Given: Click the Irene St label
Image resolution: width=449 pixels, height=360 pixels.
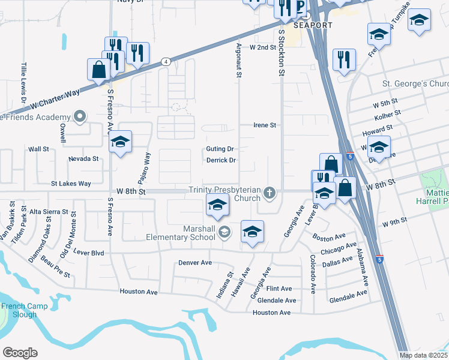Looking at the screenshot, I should tap(264, 125).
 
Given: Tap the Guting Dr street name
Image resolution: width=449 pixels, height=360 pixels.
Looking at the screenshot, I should tap(220, 149).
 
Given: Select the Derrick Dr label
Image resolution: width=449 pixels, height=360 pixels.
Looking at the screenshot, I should tap(221, 160).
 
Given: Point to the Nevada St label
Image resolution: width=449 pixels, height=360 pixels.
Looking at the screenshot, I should tap(83, 158).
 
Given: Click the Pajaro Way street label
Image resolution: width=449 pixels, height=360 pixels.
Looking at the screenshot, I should tap(147, 163).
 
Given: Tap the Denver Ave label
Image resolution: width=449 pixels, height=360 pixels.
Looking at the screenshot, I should tap(195, 263).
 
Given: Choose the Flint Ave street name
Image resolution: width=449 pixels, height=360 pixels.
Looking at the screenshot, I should tap(279, 289).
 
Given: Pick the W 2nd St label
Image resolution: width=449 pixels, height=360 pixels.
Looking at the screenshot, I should tap(262, 46).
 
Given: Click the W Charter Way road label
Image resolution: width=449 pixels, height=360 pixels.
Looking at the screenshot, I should tap(55, 98).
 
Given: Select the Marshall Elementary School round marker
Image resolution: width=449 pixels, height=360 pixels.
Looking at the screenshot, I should tap(224, 232).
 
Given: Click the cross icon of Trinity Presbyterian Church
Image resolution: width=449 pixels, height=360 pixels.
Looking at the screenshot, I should tap(270, 193).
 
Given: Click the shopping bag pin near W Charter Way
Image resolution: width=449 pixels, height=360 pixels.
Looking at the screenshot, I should tap(97, 70).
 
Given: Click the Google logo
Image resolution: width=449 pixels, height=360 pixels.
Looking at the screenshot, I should tap(20, 353).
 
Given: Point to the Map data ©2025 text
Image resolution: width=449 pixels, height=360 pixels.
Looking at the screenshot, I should tap(423, 355).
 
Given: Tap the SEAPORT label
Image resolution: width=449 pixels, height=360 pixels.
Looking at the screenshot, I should tap(312, 25).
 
